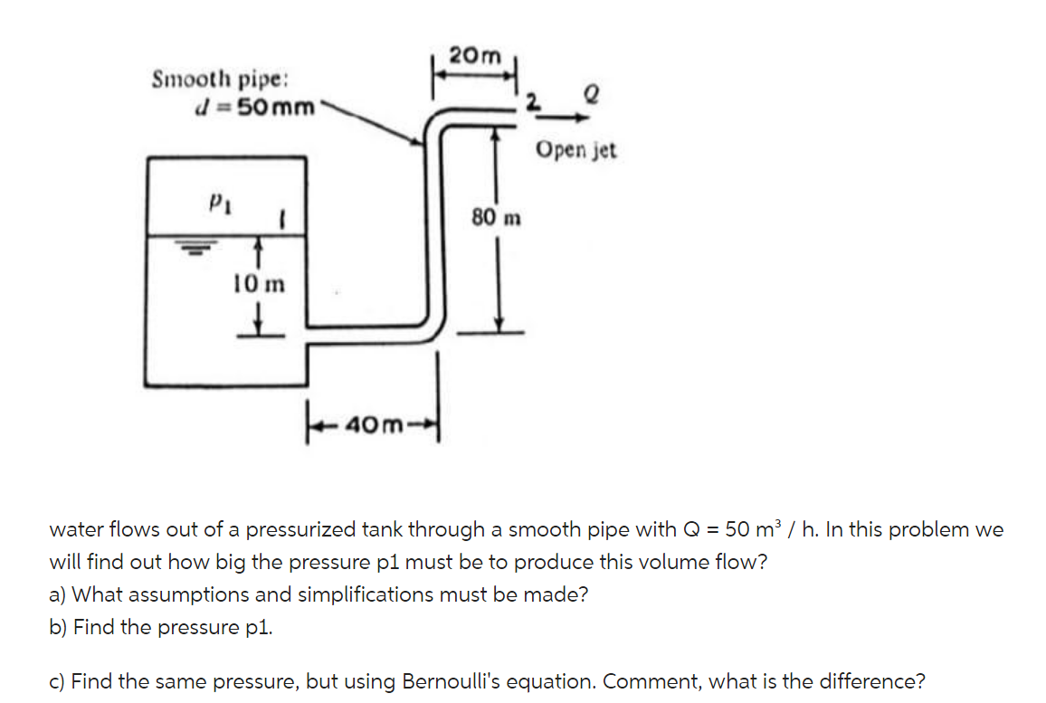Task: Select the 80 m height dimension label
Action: (496, 217)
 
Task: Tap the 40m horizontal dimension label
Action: (373, 423)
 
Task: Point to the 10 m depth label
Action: (258, 285)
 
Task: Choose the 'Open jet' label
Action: (575, 150)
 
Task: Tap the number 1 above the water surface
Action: (283, 219)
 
